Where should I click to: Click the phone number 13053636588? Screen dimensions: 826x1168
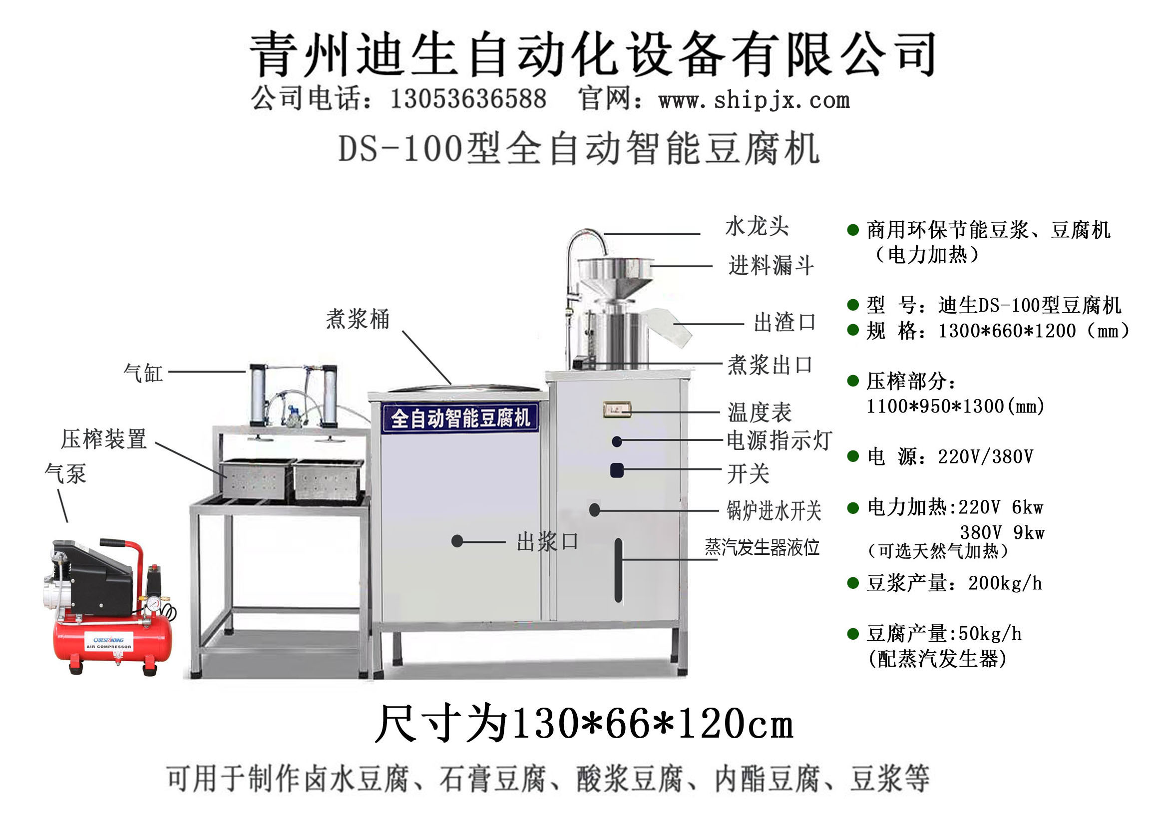pyautogui.click(x=468, y=99)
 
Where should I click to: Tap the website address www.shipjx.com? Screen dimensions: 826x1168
pyautogui.click(x=754, y=100)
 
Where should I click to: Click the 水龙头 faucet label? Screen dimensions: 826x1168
pyautogui.click(x=757, y=226)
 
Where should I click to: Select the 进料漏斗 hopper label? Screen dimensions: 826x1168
pyautogui.click(x=771, y=266)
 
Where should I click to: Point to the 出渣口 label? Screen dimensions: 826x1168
pyautogui.click(x=784, y=323)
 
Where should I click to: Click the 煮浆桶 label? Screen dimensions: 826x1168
pyautogui.click(x=358, y=320)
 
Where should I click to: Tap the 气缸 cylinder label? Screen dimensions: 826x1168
pyautogui.click(x=143, y=373)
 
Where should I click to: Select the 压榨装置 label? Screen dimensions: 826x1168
pyautogui.click(x=104, y=439)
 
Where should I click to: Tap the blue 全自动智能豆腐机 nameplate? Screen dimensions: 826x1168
pyautogui.click(x=460, y=418)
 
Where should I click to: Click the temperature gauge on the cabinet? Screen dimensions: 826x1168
pyautogui.click(x=617, y=410)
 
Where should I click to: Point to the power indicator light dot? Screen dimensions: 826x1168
pyautogui.click(x=617, y=441)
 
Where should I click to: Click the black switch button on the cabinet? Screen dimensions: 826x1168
pyautogui.click(x=617, y=470)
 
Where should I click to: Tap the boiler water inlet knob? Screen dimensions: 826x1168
pyautogui.click(x=594, y=510)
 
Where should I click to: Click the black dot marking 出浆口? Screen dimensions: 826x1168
pyautogui.click(x=457, y=541)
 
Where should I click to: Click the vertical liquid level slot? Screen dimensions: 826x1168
pyautogui.click(x=618, y=570)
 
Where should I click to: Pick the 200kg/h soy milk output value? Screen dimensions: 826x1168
pyautogui.click(x=1005, y=583)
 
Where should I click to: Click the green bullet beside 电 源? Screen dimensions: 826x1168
pyautogui.click(x=853, y=456)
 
